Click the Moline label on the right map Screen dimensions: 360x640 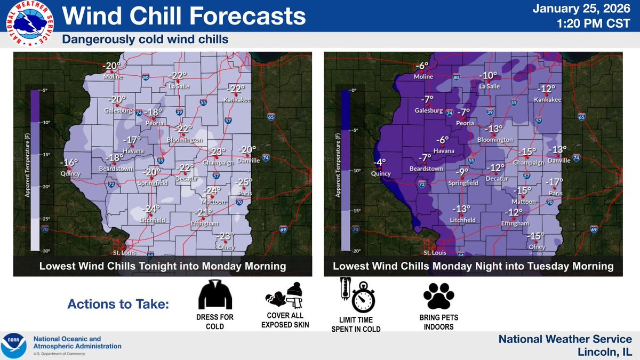pyautogui.click(x=423, y=77)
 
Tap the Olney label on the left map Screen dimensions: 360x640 pyautogui.click(x=226, y=247)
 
